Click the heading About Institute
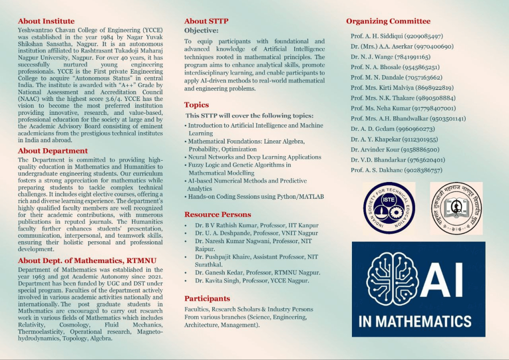point(46,21)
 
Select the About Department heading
point(53,151)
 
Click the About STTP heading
point(206,21)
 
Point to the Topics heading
point(196,105)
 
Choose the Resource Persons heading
point(218,214)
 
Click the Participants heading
point(207,298)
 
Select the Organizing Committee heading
point(388,21)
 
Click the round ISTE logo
point(389,208)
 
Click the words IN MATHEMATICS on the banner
point(415,321)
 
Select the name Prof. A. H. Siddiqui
point(372,36)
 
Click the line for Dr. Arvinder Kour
point(395,150)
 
